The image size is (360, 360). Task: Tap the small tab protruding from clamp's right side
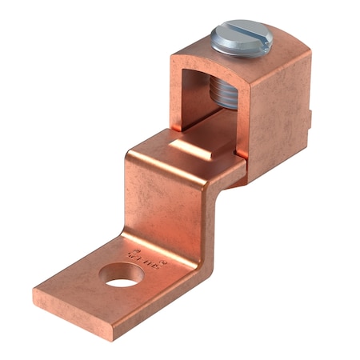[314, 120]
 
